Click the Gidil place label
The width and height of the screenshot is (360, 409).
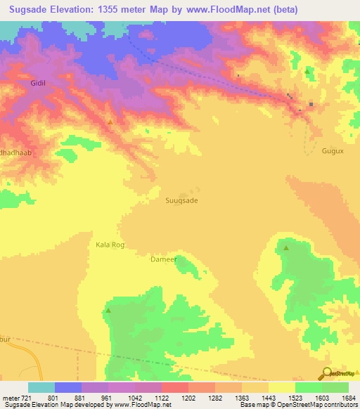pos(38,83)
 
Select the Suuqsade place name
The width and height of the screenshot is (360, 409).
pos(181,200)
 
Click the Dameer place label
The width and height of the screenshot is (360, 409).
pos(162,259)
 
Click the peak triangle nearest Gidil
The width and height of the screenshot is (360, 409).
pos(110,123)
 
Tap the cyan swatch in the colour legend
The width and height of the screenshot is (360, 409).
pos(41,387)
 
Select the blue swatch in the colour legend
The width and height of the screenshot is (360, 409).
pos(67,387)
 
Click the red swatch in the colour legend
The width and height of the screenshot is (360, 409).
pos(174,387)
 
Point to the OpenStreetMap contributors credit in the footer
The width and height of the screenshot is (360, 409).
pos(307,405)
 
